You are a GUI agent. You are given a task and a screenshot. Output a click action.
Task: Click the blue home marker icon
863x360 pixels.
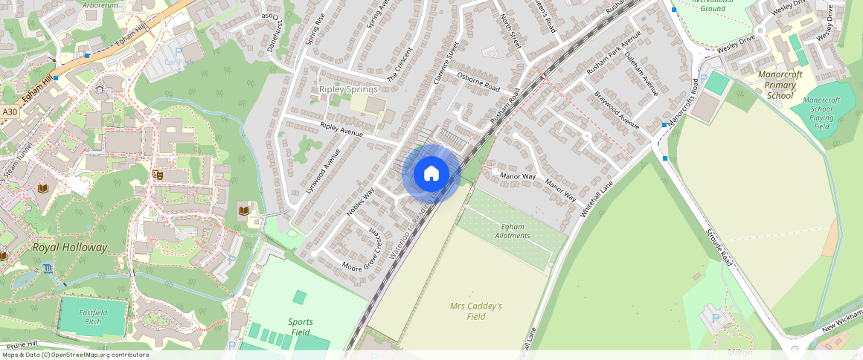431,174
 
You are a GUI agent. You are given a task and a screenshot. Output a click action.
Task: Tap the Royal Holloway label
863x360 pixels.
70,247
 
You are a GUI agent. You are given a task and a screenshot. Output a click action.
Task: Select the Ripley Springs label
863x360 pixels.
348,89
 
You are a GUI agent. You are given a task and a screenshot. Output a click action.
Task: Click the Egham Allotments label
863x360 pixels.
513,231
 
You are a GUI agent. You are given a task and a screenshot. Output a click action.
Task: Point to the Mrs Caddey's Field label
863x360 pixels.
476,311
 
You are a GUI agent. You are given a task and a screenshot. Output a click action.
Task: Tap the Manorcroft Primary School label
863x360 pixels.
780,85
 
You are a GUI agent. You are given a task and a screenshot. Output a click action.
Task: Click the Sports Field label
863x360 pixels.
301,327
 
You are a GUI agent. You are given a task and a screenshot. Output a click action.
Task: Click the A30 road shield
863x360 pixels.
9,112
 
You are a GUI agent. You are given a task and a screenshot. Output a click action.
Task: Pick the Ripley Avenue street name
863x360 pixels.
341,129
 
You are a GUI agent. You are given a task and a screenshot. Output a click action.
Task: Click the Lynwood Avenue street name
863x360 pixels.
323,171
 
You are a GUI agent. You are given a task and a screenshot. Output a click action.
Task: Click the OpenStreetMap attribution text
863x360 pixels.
74,355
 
